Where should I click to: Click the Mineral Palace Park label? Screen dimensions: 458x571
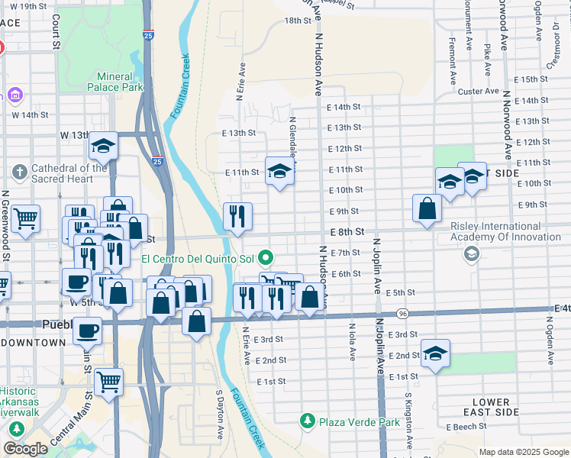click(120, 82)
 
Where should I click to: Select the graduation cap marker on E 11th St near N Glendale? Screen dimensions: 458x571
click(279, 172)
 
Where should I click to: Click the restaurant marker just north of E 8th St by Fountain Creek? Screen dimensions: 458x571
click(237, 216)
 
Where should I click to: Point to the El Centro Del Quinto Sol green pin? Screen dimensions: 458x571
click(265, 256)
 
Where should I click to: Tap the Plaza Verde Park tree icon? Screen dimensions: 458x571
click(307, 421)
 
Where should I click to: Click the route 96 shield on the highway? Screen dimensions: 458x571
click(402, 314)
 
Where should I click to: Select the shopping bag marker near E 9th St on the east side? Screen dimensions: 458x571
click(427, 208)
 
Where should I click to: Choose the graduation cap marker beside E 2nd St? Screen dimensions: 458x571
click(435, 353)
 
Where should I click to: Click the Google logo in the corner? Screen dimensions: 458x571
click(25, 449)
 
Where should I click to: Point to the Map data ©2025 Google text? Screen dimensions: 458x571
click(524, 452)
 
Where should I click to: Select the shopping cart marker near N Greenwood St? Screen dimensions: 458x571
click(25, 219)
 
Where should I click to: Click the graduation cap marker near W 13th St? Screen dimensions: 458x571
click(103, 145)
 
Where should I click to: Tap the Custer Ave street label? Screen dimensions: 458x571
click(478, 92)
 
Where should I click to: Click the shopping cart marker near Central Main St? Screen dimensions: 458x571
click(109, 379)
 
